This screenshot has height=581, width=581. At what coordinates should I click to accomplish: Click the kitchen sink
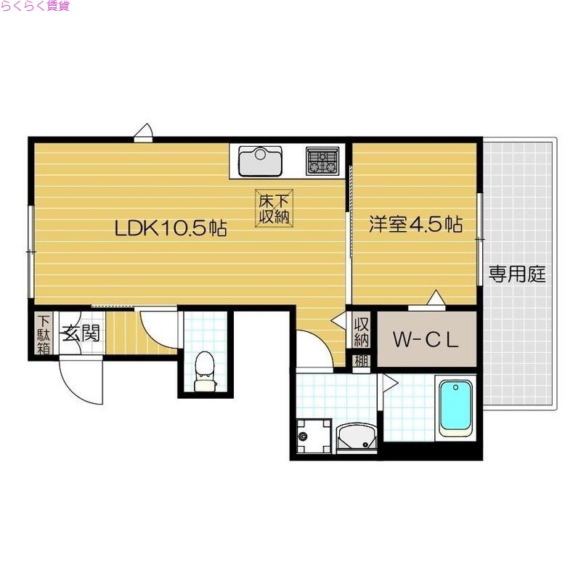click(259, 161)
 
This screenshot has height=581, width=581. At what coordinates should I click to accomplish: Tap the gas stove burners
click(322, 161)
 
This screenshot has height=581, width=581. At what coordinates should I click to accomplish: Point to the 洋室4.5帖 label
click(415, 224)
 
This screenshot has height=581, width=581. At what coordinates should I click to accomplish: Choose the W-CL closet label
click(426, 339)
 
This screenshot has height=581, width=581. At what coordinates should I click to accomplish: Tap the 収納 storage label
click(361, 332)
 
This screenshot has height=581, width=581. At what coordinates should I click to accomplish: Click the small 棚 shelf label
click(361, 360)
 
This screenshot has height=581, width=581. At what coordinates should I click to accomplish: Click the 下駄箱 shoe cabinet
click(44, 334)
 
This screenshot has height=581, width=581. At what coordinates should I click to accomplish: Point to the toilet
click(206, 367)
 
